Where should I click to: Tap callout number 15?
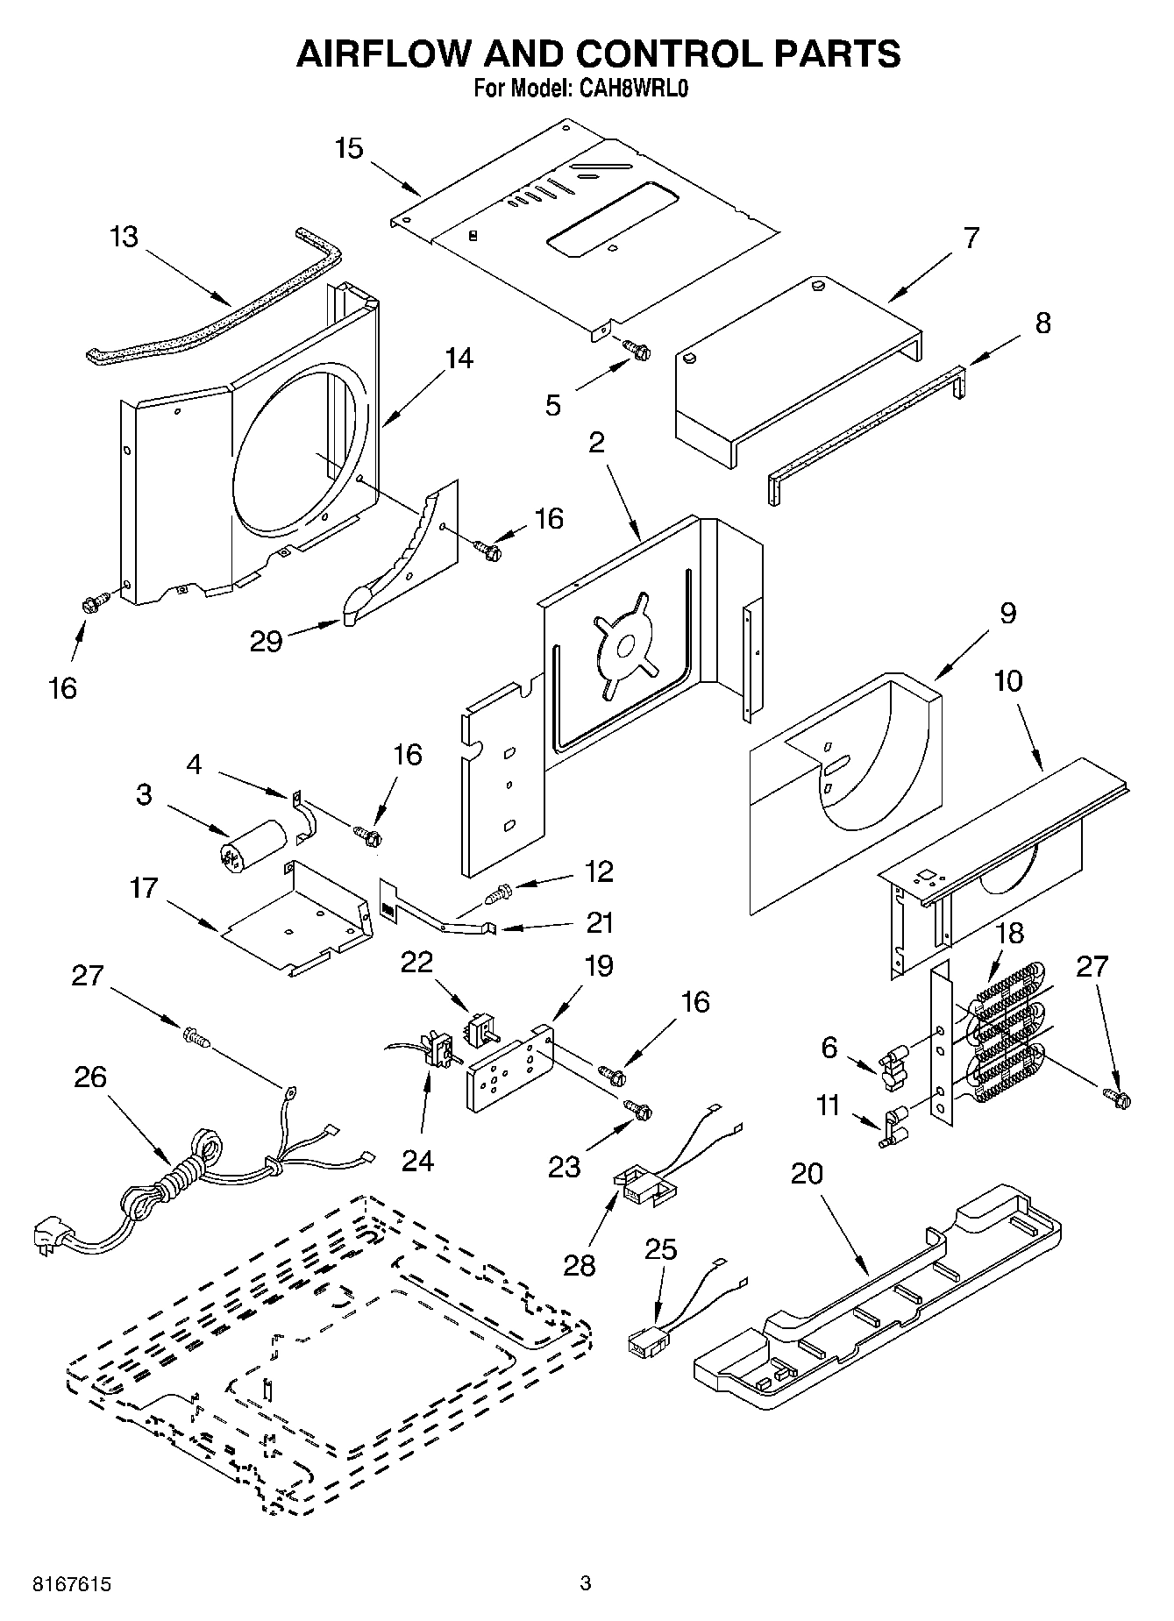coord(348,148)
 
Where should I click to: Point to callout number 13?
coord(125,237)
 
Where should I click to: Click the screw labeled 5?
coord(637,351)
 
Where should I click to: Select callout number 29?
coord(266,642)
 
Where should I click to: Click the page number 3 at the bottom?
coord(586,1583)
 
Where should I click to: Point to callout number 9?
coord(1007,613)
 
